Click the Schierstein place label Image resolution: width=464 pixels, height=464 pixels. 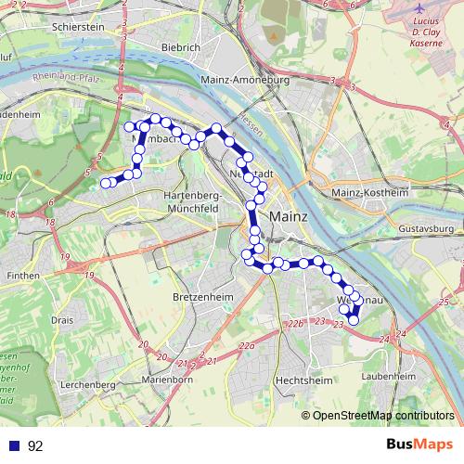[x=80, y=28]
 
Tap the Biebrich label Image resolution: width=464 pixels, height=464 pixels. [x=180, y=47]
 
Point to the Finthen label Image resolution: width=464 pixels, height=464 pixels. [x=21, y=276]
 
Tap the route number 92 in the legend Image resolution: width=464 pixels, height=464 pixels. [x=36, y=445]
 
